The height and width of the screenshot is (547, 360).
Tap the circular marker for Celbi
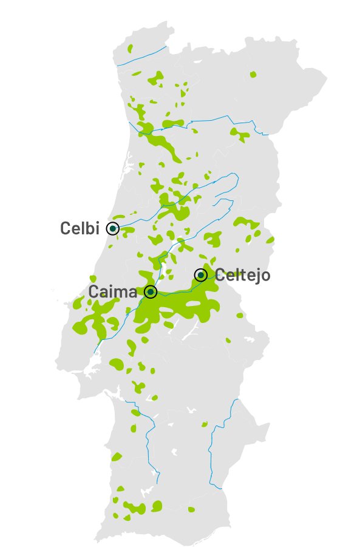tap(112, 228)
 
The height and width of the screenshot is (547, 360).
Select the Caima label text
tap(113, 291)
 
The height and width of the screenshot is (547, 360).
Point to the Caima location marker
tap(151, 292)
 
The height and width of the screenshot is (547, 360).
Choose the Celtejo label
tap(243, 275)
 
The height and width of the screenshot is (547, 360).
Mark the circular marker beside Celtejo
tap(200, 275)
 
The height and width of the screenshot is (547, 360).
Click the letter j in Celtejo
tap(255, 276)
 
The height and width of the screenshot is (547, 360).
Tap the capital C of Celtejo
tap(220, 275)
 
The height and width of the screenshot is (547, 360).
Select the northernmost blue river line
tap(143, 55)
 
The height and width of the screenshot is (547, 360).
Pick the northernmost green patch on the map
tap(129, 48)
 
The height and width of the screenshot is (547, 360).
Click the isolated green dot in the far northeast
tap(253, 74)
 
